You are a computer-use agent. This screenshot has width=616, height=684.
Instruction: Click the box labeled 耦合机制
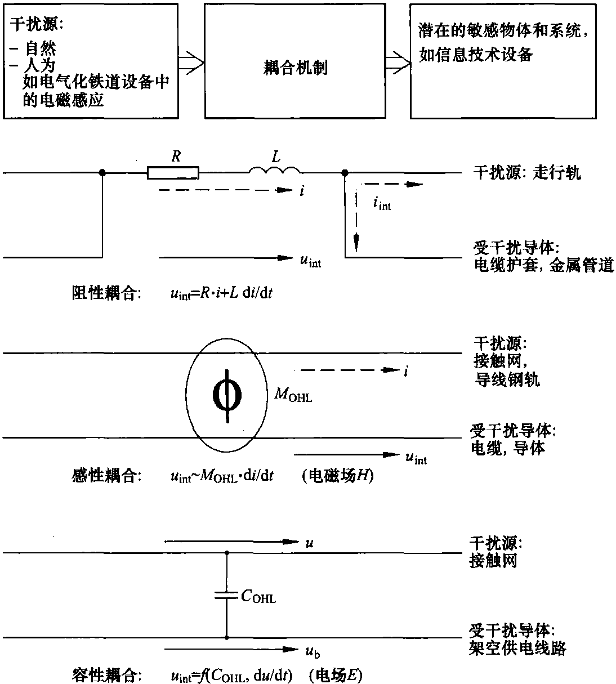point(295,68)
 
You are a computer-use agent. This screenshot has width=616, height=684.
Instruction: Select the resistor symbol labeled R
point(173,172)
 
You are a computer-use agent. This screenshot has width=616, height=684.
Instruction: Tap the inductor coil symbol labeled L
point(275,171)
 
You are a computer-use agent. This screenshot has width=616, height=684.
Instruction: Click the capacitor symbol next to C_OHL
point(226,596)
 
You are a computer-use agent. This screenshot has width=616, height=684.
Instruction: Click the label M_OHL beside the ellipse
point(293,396)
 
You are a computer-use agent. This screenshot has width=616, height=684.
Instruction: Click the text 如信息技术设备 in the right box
point(476,55)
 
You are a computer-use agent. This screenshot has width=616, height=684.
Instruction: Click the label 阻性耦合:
point(106,293)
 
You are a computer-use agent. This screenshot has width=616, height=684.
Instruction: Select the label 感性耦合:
point(106,476)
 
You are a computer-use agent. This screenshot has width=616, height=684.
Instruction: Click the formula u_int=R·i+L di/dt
point(221,294)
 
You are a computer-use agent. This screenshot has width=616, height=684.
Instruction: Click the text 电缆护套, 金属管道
point(543,265)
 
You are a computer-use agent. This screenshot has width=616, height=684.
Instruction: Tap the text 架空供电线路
point(517,648)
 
